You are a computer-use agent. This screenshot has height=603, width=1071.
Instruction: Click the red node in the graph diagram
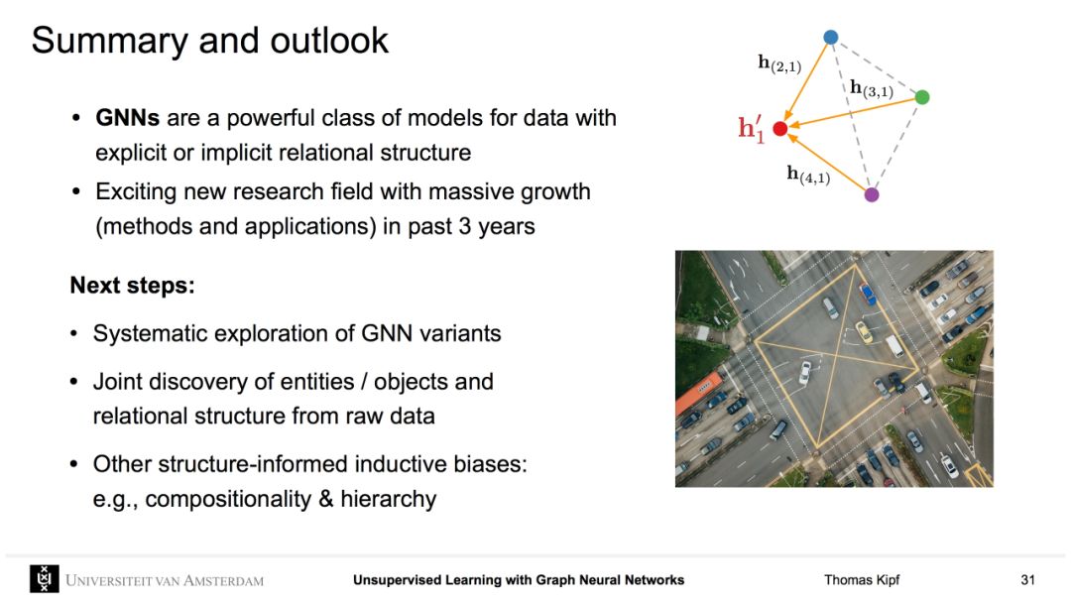click(780, 128)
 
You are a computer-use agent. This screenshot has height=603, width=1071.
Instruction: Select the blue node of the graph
click(831, 37)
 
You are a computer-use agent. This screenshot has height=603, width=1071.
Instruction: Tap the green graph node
click(922, 97)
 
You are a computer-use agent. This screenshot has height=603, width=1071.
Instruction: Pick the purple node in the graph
click(872, 194)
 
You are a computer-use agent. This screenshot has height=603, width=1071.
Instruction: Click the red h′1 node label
click(752, 128)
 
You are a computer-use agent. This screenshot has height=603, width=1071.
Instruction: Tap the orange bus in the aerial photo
click(698, 394)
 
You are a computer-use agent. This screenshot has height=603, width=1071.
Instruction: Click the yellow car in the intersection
click(864, 332)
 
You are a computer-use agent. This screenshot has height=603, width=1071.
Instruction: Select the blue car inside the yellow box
click(867, 294)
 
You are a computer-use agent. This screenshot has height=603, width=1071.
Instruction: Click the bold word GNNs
click(128, 117)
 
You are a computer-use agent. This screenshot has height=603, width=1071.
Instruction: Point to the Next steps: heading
click(133, 285)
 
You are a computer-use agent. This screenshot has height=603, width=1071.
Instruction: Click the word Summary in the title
click(109, 41)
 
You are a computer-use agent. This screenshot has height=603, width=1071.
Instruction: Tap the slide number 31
click(1028, 580)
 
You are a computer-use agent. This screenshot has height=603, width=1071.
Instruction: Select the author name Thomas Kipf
click(862, 580)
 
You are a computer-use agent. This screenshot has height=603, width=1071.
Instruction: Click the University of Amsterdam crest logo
click(45, 579)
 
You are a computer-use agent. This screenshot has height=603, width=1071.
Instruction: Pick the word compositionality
click(228, 499)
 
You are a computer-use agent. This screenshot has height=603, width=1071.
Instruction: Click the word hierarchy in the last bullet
click(389, 499)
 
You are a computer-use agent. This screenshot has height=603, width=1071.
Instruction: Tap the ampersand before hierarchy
click(326, 499)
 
